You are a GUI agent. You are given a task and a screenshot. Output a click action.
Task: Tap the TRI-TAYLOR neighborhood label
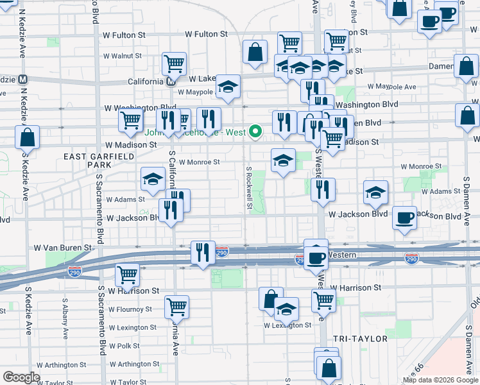point(361,338)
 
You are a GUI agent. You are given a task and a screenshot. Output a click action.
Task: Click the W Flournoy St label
point(130,309)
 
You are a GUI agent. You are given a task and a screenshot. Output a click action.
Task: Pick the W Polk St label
point(124,346)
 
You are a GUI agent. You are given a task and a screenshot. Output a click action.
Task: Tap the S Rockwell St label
point(249,187)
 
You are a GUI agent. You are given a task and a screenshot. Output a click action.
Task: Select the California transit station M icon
point(171,81)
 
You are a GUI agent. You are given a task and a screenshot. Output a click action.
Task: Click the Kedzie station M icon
point(22,80)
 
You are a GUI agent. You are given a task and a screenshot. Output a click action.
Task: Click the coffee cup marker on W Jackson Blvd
point(404,219)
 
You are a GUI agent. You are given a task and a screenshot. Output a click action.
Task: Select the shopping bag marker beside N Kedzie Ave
point(28,137)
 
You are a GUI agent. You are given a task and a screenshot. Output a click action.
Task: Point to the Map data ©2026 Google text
point(440,380)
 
